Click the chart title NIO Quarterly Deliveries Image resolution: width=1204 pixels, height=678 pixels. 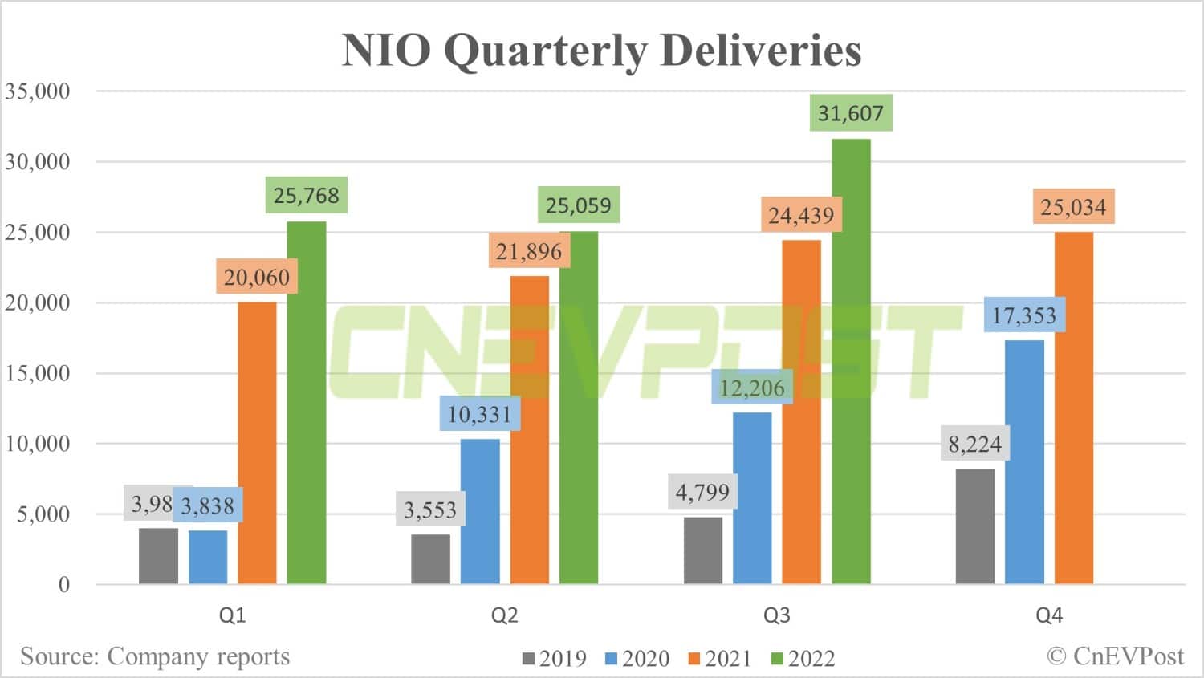tap(601, 50)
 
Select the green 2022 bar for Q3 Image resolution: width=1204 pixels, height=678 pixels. tap(851, 361)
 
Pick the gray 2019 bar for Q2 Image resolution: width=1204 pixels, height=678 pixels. tap(430, 558)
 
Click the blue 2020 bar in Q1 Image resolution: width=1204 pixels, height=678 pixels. tap(208, 557)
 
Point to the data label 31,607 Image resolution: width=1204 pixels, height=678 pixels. tap(850, 113)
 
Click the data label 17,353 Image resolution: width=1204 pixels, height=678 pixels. tap(1024, 315)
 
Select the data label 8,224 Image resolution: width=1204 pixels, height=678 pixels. tap(974, 444)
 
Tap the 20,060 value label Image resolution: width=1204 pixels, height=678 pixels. tap(256, 278)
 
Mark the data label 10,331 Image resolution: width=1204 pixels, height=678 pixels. tap(479, 414)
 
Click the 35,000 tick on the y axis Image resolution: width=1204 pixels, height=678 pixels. tap(38, 91)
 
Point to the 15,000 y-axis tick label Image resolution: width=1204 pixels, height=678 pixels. tap(38, 373)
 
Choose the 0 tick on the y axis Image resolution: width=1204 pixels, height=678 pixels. tap(63, 585)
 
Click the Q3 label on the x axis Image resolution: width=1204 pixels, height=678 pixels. tap(776, 615)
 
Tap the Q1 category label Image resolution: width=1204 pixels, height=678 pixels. tap(232, 615)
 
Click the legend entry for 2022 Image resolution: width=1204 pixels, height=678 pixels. tap(803, 659)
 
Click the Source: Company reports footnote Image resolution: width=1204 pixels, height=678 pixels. tap(155, 656)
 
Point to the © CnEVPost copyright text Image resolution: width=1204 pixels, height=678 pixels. tap(1115, 656)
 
